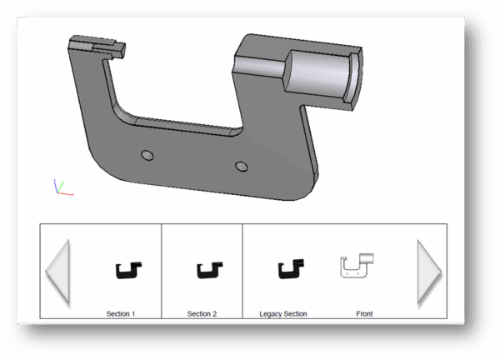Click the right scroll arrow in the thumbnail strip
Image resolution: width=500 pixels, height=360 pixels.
(428, 271)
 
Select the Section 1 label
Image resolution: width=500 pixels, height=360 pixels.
(121, 314)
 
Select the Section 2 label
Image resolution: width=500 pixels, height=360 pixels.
(202, 314)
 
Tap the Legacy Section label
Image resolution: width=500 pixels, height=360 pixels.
(283, 314)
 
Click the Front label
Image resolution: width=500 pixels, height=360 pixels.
(364, 314)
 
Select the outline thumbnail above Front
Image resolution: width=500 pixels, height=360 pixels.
(357, 266)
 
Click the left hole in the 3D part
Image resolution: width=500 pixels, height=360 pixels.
(147, 155)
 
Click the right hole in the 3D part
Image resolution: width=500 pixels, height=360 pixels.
(242, 166)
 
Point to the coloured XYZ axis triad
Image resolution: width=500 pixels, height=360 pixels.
(61, 187)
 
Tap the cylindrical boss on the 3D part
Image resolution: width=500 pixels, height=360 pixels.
(321, 76)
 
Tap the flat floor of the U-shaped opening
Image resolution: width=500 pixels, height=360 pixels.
(179, 127)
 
